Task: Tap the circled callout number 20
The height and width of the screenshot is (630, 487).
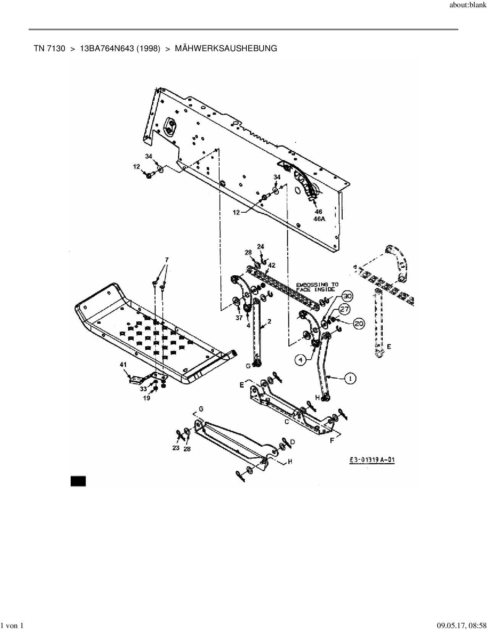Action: tap(358, 324)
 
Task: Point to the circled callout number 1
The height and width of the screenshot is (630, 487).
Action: tap(349, 378)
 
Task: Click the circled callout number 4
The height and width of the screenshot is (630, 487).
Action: tap(301, 359)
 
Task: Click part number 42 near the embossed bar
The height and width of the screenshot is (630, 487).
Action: tap(272, 265)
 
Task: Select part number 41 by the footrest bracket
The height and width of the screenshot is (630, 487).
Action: tap(123, 365)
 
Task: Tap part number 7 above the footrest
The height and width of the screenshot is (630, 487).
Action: tap(167, 260)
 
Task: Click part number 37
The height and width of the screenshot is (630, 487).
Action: tap(239, 317)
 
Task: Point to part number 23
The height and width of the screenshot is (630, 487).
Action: tap(176, 448)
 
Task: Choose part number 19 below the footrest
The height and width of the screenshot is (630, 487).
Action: tap(146, 397)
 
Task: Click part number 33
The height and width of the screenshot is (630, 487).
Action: tap(143, 389)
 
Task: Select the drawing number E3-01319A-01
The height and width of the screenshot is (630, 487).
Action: tap(372, 460)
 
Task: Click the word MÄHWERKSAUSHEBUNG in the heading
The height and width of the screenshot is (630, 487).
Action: tap(226, 48)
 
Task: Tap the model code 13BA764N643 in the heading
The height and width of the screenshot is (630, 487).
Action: tap(120, 48)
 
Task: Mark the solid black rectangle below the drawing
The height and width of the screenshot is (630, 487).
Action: tap(78, 481)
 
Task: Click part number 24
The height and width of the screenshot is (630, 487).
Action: tap(260, 247)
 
